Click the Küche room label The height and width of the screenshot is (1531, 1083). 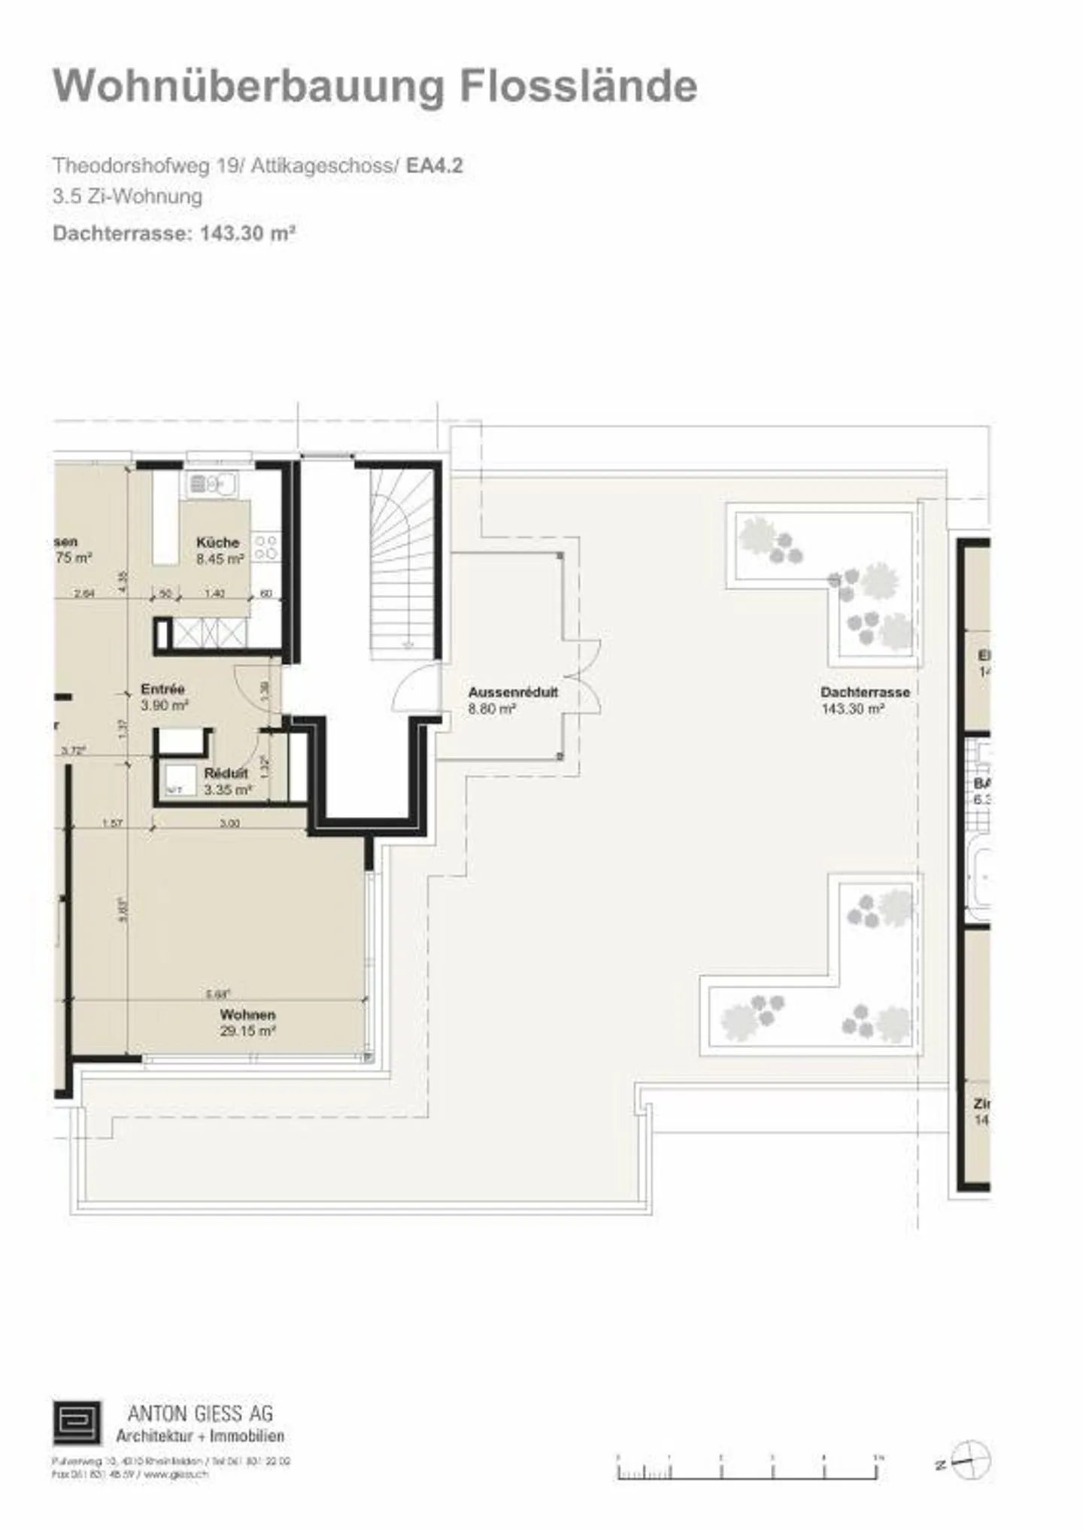[218, 542]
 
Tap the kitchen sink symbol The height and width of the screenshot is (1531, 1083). [211, 484]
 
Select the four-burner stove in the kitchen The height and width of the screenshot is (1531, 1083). [265, 547]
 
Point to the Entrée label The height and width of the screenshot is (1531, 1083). [162, 689]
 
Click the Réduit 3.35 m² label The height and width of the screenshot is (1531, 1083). [226, 782]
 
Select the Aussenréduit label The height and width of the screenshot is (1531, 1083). [513, 693]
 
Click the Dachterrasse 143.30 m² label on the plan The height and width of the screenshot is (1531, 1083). [865, 700]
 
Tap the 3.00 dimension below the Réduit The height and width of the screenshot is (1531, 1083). [229, 824]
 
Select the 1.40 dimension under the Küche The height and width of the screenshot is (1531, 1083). [215, 594]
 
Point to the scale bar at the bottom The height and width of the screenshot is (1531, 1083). [748, 1468]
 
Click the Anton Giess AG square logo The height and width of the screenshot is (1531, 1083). [77, 1423]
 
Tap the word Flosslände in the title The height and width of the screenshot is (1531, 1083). [578, 87]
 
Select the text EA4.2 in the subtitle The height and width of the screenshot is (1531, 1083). [434, 166]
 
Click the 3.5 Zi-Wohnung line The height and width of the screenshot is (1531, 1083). [127, 197]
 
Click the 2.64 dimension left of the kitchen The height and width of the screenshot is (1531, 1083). [84, 594]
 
